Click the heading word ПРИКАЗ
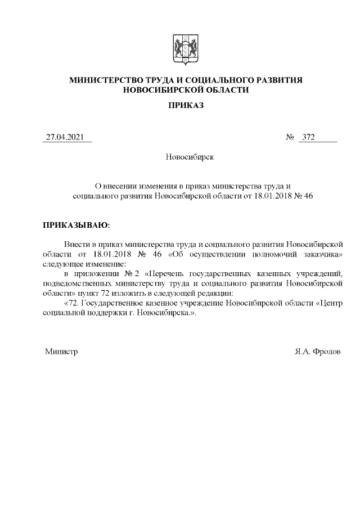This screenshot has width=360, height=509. point(186,106)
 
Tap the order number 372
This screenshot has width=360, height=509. point(308,137)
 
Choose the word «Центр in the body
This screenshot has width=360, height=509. point(331,304)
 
